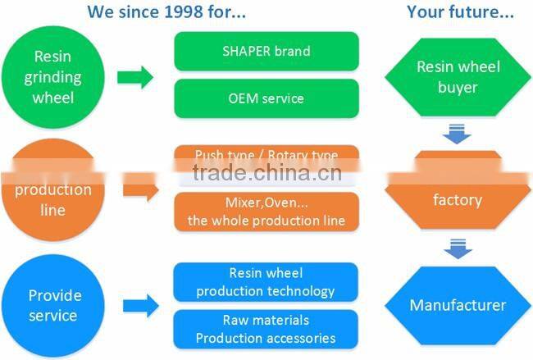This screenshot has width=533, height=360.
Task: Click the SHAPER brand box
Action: [266, 51]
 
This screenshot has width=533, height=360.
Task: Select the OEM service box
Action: [266, 98]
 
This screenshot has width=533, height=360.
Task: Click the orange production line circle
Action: [54, 199]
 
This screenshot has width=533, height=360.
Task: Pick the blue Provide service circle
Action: [54, 305]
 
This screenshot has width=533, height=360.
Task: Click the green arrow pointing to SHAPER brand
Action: [134, 78]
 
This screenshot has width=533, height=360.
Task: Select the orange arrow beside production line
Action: [139, 191]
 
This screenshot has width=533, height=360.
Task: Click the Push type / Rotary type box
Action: [266, 156]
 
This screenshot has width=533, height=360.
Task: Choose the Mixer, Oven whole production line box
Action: [266, 212]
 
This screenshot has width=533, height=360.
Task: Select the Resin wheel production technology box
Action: [266, 282]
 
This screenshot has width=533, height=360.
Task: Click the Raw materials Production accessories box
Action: [266, 329]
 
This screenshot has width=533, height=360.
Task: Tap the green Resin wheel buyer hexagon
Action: [458, 76]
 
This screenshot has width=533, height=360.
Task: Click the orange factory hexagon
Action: [458, 199]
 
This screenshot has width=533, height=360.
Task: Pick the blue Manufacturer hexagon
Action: [458, 306]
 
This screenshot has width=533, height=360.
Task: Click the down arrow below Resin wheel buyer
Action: [458, 131]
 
